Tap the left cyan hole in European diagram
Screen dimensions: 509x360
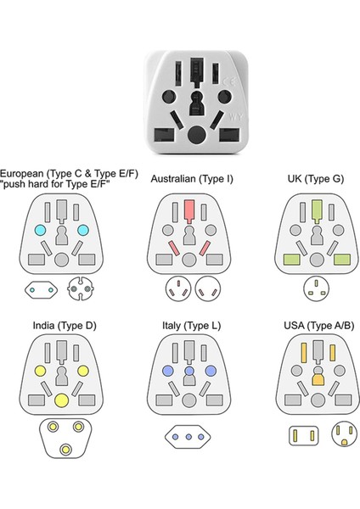pos(39,231)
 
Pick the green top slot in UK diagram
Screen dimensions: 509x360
pos(314,210)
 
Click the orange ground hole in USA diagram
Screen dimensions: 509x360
pos(314,382)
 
